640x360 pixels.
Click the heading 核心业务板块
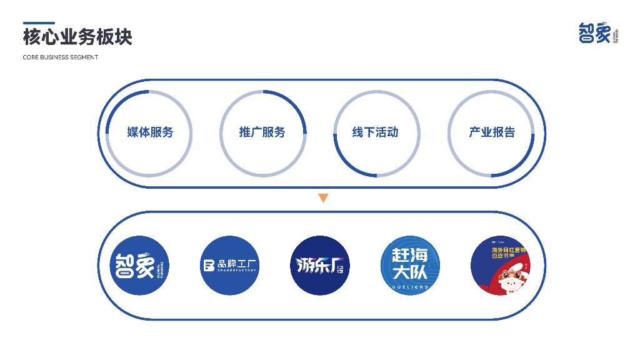click(77, 37)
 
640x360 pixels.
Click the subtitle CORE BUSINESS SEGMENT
click(61, 57)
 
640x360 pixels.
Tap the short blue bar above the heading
click(39, 23)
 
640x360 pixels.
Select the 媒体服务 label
click(150, 132)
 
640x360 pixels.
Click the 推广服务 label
click(262, 132)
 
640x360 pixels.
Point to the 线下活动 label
click(375, 132)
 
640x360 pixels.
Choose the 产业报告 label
click(492, 132)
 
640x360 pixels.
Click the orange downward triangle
click(323, 198)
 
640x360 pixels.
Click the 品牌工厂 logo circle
click(229, 266)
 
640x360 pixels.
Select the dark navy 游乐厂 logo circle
click(319, 266)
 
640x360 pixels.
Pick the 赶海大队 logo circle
click(410, 266)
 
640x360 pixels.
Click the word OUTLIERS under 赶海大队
click(410, 287)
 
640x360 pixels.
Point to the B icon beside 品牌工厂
click(208, 266)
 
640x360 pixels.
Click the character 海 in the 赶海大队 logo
click(419, 256)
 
